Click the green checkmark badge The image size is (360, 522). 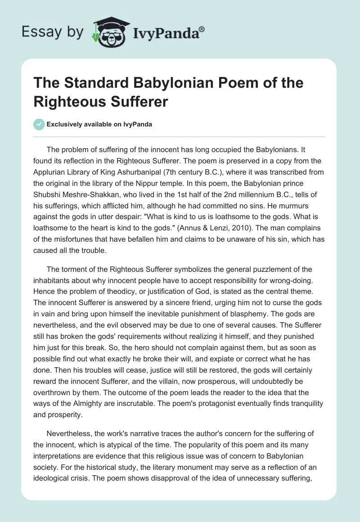(39, 124)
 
